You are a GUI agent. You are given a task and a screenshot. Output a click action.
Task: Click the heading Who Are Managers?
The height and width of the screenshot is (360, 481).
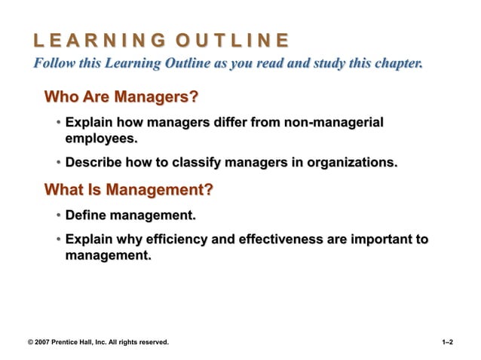point(121,98)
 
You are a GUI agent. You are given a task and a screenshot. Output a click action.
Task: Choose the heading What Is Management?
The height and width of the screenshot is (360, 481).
point(128,189)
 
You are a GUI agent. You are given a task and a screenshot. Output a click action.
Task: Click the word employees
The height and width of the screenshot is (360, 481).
point(102,139)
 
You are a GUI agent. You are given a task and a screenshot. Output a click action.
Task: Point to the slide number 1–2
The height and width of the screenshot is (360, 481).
point(447,342)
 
